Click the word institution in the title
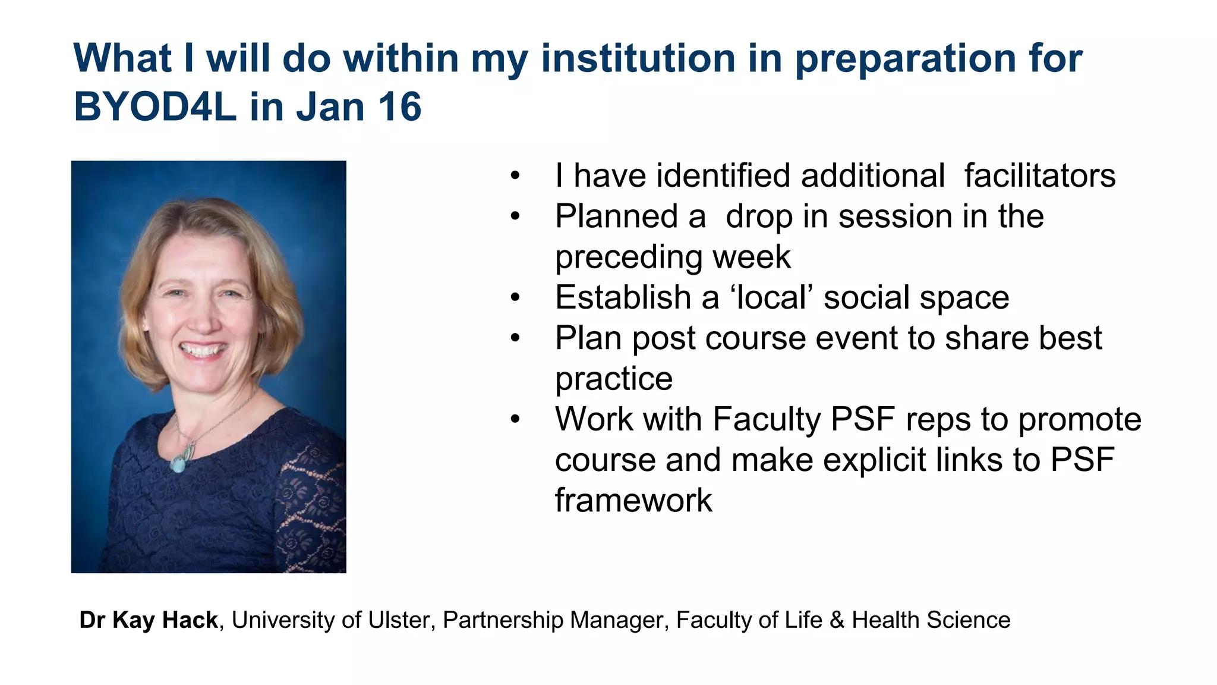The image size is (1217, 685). (x=638, y=58)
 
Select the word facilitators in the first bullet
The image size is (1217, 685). (x=1039, y=176)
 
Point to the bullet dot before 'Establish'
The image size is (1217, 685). (x=515, y=297)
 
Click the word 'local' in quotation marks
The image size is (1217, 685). (x=771, y=297)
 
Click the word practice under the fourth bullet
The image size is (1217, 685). (x=613, y=379)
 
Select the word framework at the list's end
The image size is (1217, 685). (x=633, y=500)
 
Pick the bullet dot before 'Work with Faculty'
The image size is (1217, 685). (x=515, y=419)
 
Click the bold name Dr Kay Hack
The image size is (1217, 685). (x=149, y=620)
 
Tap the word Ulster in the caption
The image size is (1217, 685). (x=398, y=620)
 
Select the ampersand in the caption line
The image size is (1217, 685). (x=837, y=620)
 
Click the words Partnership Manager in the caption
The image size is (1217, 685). (x=553, y=620)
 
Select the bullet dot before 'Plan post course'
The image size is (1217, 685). (x=515, y=338)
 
